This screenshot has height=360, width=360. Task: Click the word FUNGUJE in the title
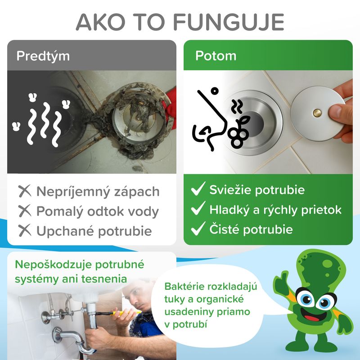[229, 22]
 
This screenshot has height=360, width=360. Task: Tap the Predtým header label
[43, 56]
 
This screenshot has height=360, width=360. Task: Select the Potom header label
[216, 56]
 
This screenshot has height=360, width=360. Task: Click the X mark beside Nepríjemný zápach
[25, 191]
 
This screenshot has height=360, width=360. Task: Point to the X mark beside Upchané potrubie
[25, 230]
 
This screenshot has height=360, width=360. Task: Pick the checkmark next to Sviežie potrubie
[198, 189]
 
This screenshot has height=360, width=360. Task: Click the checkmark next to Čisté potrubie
[198, 229]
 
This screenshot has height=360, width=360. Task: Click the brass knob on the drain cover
[318, 113]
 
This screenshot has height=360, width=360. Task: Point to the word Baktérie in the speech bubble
[184, 287]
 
